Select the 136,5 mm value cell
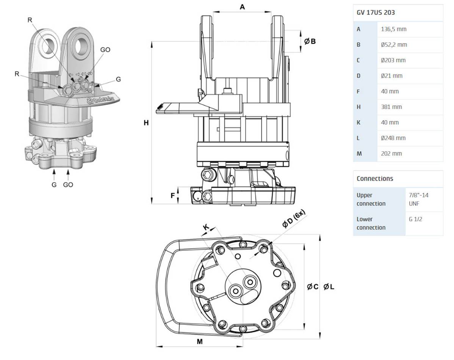(394, 29)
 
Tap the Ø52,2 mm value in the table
(394, 45)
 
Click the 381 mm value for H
(391, 107)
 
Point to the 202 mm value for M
(391, 154)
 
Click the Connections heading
(375, 178)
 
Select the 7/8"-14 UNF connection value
(419, 199)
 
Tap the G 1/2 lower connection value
(416, 219)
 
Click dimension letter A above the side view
(243, 6)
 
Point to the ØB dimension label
(310, 41)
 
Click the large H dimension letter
(146, 123)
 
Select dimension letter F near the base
(173, 196)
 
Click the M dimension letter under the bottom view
(200, 341)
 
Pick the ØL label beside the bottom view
(329, 287)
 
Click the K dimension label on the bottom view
(206, 227)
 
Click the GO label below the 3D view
(68, 185)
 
